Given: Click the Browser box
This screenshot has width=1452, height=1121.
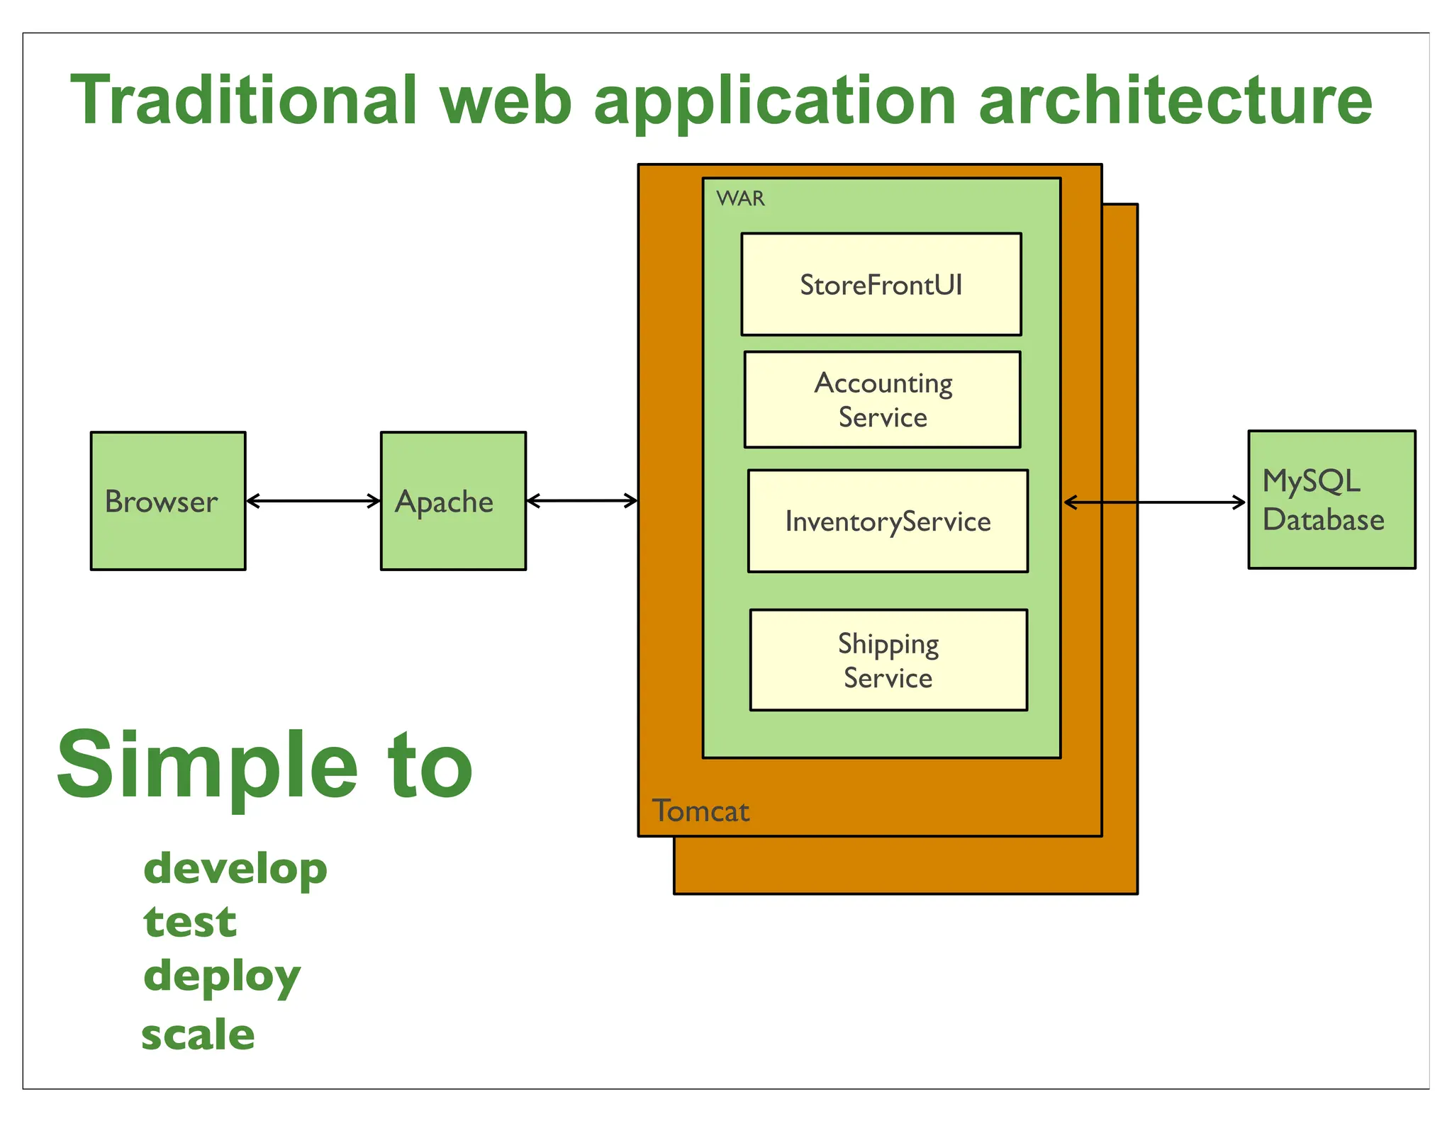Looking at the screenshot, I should coord(168,500).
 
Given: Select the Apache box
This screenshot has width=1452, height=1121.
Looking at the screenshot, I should coord(453,500).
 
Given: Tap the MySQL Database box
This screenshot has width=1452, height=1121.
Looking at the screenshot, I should coord(1331,500).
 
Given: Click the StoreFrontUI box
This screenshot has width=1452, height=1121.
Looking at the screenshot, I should coord(881,284).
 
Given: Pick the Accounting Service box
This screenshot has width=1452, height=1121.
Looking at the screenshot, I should coord(882,400).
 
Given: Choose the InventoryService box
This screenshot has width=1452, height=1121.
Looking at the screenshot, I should coord(888,521).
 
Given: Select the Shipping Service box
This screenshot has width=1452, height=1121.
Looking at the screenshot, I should coord(888,660).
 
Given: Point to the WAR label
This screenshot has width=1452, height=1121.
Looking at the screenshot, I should coord(740,198).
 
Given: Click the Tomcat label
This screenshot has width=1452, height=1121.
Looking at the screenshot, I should coord(700,811).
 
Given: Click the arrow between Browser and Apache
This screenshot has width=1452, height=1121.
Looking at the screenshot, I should coord(313,501).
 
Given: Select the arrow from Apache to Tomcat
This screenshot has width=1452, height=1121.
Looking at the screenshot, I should coord(581,501).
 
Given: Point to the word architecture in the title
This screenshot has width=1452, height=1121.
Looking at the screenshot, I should coord(1175,101).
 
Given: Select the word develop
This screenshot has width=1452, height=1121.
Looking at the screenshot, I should coord(235,868).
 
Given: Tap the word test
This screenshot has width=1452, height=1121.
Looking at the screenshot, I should coord(190,922).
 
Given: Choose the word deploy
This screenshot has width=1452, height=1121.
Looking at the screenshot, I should coord(222,976).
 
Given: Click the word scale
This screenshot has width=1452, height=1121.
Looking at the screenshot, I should coord(198,1034).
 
